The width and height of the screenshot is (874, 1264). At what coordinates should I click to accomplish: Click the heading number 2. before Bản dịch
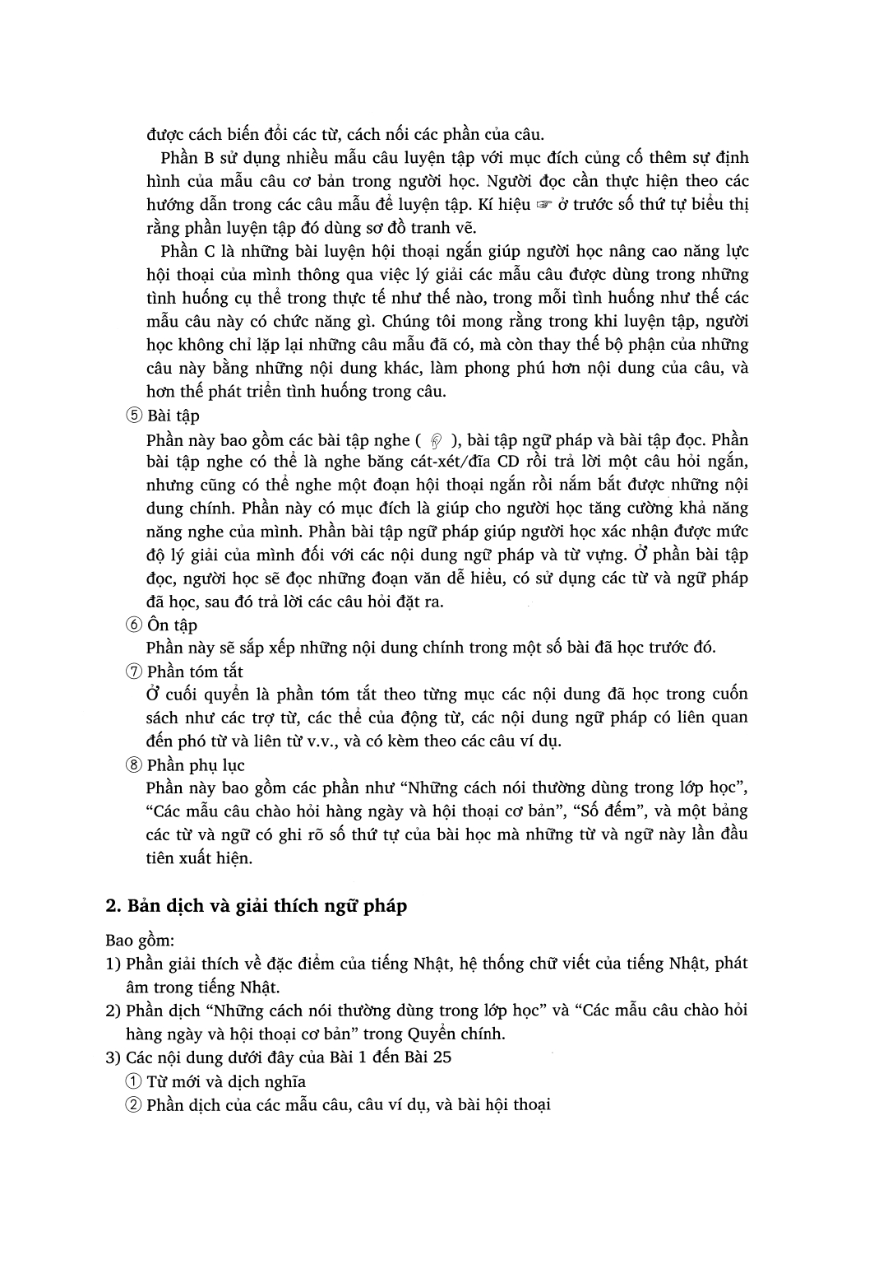pos(113,906)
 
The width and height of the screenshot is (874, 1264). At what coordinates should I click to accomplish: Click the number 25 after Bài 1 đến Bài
pos(442,1057)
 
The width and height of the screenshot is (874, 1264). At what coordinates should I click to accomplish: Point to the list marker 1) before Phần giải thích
pos(113,964)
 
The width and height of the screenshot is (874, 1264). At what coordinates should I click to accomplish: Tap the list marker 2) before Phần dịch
pos(113,1011)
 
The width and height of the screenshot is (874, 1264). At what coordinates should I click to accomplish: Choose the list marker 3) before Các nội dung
pos(113,1057)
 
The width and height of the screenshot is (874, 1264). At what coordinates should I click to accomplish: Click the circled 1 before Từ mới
pos(134,1081)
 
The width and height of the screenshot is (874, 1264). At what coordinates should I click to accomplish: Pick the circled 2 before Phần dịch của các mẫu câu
pos(134,1105)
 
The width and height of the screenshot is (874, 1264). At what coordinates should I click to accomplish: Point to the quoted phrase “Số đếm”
pos(605,811)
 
